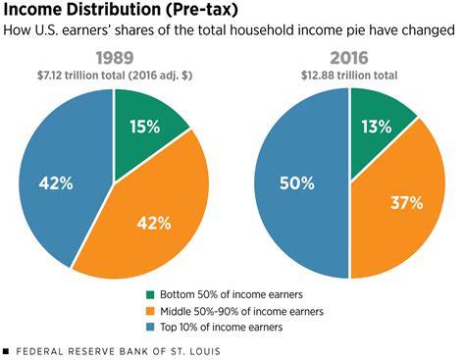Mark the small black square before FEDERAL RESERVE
pyautogui.click(x=6, y=350)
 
